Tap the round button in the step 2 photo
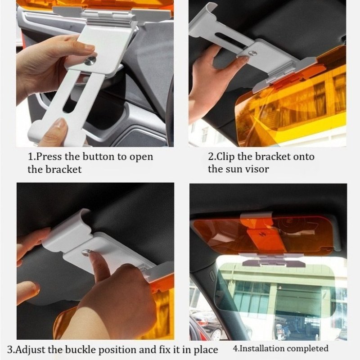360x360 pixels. pos(253,54)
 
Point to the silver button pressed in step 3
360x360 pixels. pos(86,252)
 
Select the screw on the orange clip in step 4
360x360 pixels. pos(261,234)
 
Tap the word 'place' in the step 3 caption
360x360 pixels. pos(206,350)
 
